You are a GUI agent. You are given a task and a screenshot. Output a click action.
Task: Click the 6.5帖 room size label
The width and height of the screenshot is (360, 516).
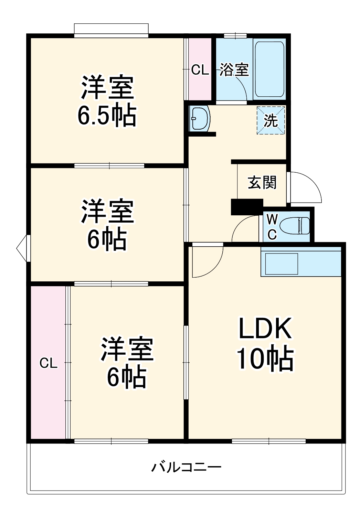point(107,116)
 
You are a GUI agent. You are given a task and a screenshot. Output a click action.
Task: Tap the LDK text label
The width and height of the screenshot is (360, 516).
point(265,329)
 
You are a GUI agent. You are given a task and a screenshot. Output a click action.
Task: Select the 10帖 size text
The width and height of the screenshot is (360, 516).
point(265,359)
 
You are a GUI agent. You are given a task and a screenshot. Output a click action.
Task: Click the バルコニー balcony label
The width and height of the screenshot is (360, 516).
point(186,467)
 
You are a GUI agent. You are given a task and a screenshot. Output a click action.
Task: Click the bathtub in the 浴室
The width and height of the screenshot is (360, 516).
point(269,69)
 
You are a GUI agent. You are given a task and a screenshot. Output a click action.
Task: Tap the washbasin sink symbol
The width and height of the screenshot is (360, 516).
point(200,119)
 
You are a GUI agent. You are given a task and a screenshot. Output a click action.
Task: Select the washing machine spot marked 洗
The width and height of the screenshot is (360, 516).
point(271,120)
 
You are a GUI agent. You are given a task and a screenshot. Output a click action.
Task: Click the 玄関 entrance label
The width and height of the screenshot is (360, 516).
point(262,183)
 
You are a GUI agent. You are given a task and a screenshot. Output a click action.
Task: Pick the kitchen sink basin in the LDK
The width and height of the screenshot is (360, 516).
point(281,264)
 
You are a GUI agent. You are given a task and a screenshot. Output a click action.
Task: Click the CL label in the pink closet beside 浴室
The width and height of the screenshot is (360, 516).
point(200,70)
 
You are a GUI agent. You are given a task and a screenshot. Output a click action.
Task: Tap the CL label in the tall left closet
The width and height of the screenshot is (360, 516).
point(48,363)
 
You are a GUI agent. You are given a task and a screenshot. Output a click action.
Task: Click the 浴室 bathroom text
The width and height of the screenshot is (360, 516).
point(234,70)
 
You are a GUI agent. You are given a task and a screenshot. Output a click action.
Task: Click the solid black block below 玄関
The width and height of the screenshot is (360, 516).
point(247,207)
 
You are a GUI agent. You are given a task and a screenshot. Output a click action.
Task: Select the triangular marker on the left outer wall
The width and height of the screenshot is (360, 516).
point(22,248)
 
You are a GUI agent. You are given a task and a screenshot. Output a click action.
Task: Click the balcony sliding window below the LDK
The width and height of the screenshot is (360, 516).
point(268,441)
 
